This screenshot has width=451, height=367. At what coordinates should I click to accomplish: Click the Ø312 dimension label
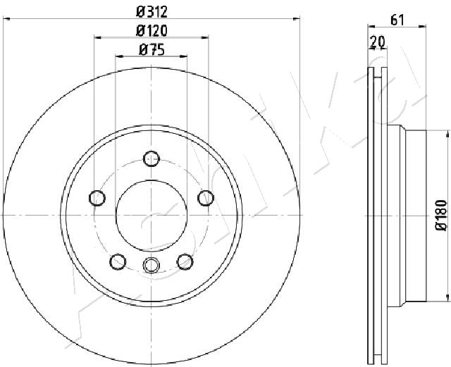tap(152, 12)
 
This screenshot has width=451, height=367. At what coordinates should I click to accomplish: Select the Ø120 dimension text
tap(152, 31)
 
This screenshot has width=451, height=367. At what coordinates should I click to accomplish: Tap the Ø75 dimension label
tap(152, 50)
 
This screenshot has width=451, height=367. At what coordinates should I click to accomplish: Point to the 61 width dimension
tap(397, 20)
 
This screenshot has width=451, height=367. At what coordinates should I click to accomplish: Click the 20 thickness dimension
tap(378, 42)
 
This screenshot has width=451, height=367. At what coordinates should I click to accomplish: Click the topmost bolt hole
tap(152, 158)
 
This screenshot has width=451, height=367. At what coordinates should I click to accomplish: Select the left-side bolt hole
tap(97, 198)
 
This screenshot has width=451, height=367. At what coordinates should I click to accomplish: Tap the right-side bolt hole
tap(206, 198)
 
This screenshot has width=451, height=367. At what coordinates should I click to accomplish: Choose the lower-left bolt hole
tap(118, 262)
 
